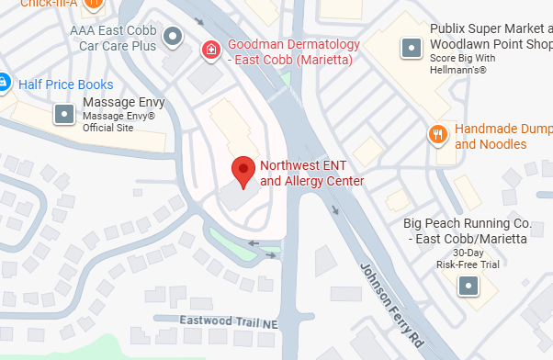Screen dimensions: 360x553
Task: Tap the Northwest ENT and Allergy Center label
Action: click(312, 174)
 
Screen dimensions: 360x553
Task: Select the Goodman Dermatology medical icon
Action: click(210, 48)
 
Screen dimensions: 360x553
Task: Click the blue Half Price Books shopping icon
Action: click(3, 84)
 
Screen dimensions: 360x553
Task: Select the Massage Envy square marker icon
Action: click(63, 114)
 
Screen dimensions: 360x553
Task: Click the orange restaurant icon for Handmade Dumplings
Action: click(438, 136)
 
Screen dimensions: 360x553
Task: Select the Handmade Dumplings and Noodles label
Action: click(502, 137)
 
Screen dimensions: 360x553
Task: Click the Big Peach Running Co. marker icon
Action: click(468, 286)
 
